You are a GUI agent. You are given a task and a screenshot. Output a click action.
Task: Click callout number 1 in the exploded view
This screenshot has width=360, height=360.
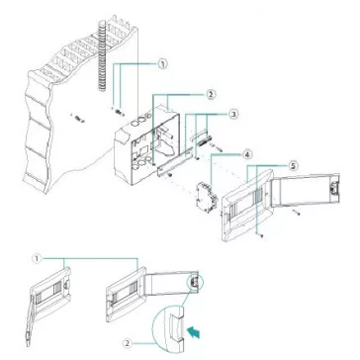click(162, 64)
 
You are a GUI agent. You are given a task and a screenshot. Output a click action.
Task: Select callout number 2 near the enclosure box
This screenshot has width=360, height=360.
click(211, 94)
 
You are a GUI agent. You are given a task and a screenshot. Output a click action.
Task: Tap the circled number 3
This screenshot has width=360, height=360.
click(233, 115)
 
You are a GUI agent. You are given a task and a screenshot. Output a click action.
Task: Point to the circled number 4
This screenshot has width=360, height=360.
click(247, 154)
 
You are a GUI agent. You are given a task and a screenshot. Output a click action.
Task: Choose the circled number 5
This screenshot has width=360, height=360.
click(292, 165)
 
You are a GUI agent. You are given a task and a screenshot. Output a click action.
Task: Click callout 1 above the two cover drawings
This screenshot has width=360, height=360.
click(37, 259)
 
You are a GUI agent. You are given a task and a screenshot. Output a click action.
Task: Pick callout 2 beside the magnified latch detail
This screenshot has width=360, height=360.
click(128, 343)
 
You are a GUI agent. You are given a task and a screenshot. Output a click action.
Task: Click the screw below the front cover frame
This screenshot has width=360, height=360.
click(260, 235)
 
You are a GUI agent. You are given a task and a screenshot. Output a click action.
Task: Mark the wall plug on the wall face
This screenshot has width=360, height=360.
click(79, 119)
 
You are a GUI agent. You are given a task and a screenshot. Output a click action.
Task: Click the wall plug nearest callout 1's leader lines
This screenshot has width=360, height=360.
click(120, 112)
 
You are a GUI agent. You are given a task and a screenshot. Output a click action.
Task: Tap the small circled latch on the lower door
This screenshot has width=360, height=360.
click(195, 281)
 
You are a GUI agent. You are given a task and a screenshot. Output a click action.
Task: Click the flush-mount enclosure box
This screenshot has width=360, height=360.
click(147, 146)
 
